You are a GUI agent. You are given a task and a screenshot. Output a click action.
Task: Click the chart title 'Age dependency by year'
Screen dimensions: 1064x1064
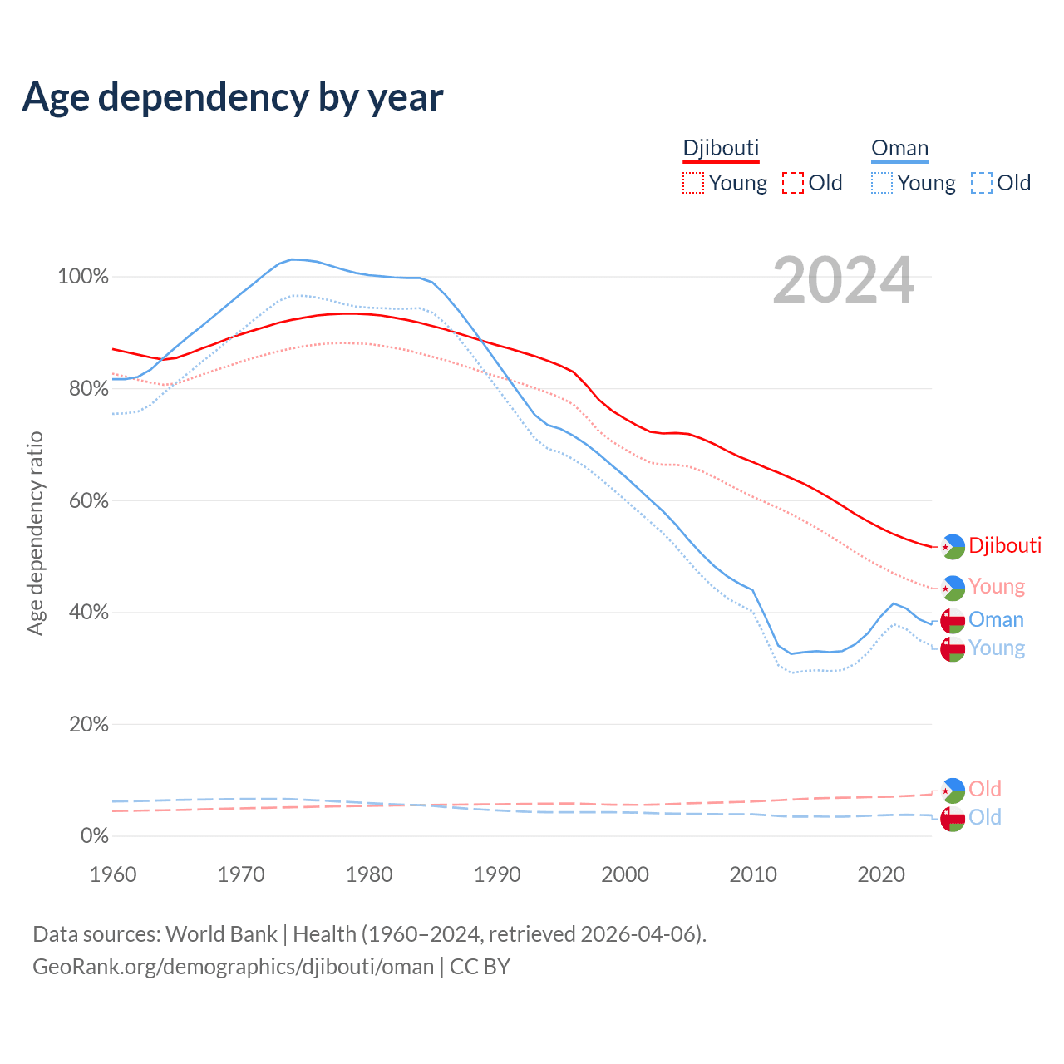233,97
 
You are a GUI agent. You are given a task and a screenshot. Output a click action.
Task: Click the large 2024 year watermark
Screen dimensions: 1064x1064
843,281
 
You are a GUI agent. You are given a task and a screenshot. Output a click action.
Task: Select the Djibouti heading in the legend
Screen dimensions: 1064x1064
721,148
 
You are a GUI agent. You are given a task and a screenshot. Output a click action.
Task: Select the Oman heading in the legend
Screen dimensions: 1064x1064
899,148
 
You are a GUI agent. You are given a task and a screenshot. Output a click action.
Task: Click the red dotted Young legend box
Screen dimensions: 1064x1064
693,183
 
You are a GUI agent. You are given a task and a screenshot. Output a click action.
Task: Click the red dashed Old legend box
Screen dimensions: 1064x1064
793,183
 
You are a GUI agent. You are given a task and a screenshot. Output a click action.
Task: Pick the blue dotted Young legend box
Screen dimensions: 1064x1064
882,183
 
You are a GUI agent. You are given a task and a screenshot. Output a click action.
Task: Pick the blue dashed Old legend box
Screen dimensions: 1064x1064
982,183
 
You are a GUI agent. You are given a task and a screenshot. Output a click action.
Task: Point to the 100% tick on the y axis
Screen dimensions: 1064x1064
83,277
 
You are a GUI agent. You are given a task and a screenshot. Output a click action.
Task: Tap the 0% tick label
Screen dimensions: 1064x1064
94,835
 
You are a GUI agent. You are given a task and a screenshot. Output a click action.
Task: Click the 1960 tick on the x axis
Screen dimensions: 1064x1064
113,874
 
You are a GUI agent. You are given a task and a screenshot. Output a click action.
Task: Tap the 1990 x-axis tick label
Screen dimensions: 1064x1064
497,874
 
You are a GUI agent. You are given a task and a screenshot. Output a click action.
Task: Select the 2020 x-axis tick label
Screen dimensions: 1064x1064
881,874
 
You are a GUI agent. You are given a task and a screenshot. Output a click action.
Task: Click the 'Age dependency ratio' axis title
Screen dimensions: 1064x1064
35,533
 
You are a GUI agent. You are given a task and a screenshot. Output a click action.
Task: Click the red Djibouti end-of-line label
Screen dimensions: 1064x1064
1005,545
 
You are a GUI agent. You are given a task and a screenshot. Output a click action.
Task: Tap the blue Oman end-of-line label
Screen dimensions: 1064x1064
996,619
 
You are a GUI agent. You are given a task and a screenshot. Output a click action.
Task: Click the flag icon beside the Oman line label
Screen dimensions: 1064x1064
952,620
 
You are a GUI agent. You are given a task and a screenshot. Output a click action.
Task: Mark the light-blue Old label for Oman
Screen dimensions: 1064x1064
985,817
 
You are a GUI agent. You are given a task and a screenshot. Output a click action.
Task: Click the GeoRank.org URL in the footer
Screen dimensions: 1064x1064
234,967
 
